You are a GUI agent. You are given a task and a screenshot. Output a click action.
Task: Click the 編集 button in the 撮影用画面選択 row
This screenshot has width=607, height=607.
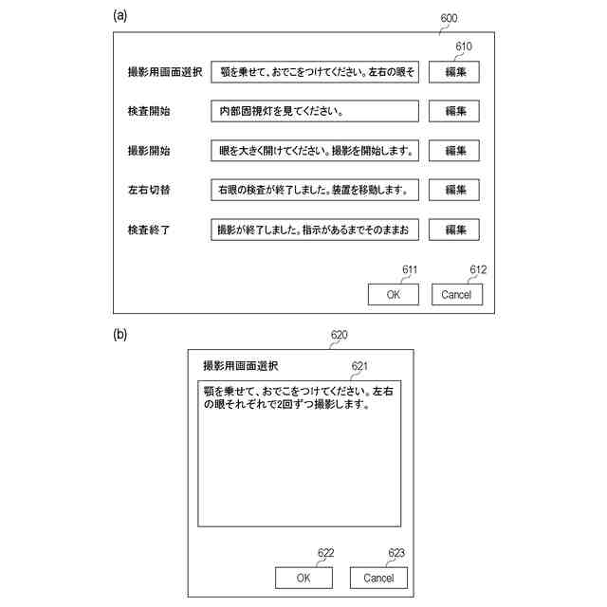coord(453,72)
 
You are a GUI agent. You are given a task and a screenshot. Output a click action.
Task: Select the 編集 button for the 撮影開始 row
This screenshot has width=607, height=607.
coord(453,151)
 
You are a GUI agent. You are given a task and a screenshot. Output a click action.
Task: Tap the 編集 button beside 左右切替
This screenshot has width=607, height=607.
coord(453,190)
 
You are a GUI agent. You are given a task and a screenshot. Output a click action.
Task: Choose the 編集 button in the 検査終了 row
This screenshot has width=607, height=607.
coord(453,230)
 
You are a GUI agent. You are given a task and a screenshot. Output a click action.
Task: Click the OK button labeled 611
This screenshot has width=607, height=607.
coord(394,294)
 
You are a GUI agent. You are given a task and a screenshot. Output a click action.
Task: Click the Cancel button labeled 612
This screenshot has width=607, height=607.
coord(456,294)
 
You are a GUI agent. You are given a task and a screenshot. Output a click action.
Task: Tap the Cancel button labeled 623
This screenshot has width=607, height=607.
coord(378,578)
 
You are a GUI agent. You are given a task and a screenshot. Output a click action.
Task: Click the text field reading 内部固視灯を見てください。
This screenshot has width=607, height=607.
coord(314,111)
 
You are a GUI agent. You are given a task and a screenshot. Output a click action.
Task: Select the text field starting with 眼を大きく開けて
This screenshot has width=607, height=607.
coord(314,151)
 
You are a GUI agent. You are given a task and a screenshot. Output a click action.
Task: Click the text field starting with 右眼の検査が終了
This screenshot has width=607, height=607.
coord(314,190)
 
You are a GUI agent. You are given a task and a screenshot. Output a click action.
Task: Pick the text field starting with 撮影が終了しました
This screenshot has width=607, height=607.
coord(314,230)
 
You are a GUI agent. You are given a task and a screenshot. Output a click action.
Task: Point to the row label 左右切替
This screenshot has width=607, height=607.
coord(149,190)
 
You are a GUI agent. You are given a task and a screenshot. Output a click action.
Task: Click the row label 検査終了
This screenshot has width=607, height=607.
coord(149,230)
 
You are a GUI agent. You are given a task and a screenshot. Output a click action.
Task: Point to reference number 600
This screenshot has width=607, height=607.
coord(450,18)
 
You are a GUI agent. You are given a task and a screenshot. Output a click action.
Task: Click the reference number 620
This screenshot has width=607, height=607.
coord(339,335)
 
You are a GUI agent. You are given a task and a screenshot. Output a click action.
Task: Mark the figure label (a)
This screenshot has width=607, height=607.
coord(120,15)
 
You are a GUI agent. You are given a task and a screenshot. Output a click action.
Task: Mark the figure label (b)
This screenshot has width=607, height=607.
coord(120,334)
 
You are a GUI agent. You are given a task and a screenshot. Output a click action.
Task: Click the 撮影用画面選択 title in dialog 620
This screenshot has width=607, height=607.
coord(241,366)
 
